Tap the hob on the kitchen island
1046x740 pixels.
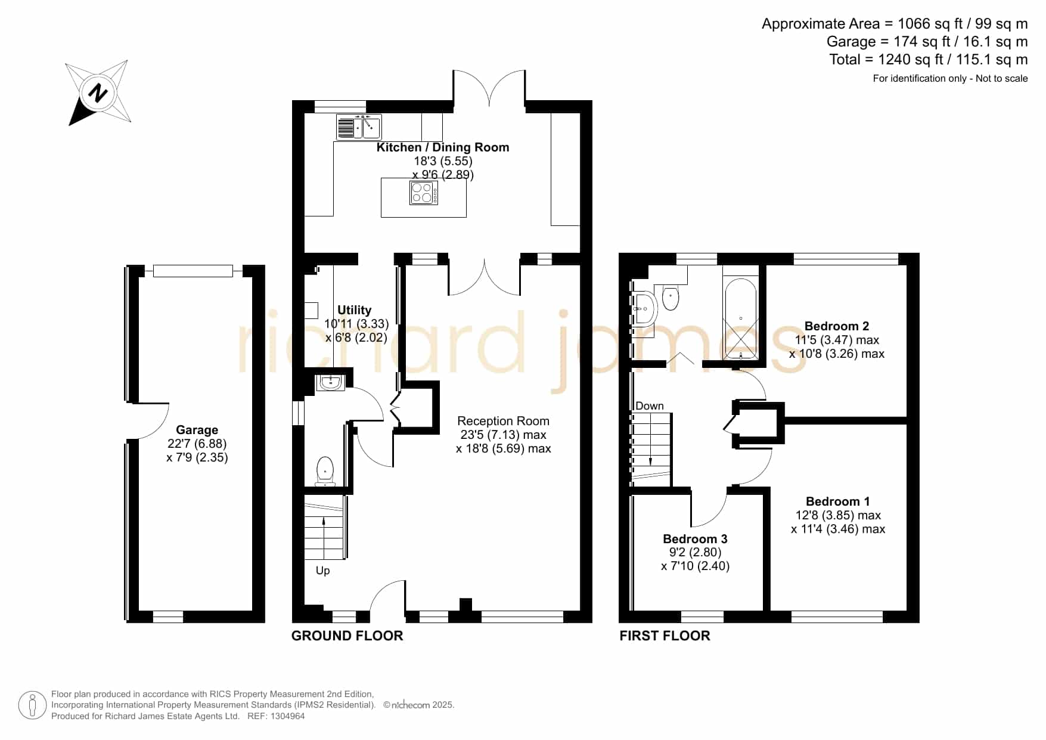tap(424, 193)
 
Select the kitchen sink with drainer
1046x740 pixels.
tap(359, 126)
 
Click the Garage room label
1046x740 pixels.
tap(197, 430)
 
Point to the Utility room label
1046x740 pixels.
tap(355, 310)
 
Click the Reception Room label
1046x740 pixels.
tap(504, 421)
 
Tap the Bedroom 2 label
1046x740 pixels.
tap(837, 326)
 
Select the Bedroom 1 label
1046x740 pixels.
tap(838, 501)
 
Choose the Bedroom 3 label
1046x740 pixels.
tap(696, 539)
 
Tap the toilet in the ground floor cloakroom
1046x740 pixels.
tap(325, 471)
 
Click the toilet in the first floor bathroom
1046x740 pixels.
tap(671, 298)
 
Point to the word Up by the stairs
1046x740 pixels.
tap(322, 571)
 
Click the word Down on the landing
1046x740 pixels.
tap(650, 406)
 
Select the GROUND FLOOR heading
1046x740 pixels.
tap(347, 636)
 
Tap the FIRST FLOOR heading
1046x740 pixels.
tap(665, 636)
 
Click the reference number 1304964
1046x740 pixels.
tap(289, 716)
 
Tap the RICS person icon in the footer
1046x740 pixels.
tap(32, 705)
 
